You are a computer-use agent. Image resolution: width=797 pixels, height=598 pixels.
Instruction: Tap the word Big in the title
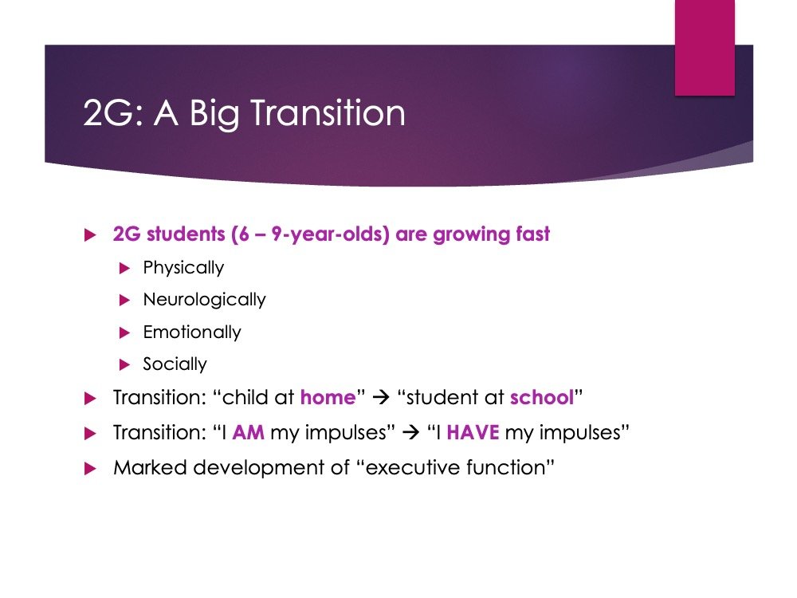(214, 115)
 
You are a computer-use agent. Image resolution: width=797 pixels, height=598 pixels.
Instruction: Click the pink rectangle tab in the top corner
(705, 47)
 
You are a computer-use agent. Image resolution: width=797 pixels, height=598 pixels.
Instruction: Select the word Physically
(183, 268)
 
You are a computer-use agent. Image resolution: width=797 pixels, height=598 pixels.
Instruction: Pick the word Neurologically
(204, 300)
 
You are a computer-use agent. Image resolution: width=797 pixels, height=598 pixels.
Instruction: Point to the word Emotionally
(192, 332)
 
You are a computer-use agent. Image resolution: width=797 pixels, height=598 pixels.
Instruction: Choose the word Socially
(175, 364)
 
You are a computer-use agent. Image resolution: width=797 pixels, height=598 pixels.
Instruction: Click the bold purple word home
(328, 397)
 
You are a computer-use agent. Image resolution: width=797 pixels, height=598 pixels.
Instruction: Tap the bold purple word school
(542, 397)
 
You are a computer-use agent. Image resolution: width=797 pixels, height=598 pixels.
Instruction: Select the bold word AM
(248, 433)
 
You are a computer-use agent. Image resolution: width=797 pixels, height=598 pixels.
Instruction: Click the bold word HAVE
(473, 433)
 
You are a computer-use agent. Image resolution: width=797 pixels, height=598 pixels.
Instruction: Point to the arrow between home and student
(381, 398)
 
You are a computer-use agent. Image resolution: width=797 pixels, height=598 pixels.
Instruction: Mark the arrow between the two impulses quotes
(411, 433)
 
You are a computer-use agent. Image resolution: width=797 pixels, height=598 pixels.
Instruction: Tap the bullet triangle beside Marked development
(90, 468)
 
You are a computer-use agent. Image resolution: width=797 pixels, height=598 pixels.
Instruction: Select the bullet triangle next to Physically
(124, 269)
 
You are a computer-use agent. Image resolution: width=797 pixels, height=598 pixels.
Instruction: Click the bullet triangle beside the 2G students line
(90, 235)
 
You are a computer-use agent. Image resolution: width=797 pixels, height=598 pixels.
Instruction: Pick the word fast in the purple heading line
(532, 234)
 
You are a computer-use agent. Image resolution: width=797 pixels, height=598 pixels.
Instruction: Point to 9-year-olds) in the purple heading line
(331, 234)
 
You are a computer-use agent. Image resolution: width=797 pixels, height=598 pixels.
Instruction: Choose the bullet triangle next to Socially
(124, 364)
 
